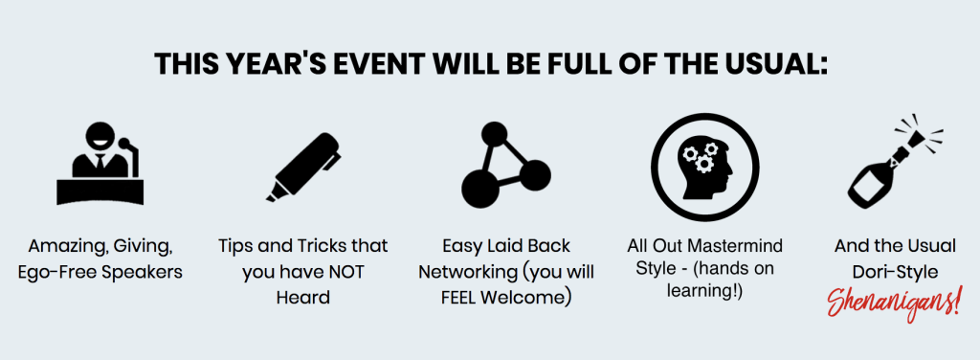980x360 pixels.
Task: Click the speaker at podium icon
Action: (x=100, y=164)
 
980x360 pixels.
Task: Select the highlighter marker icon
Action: (x=303, y=167)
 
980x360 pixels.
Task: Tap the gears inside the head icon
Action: (x=699, y=157)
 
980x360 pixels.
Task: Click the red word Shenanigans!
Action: (x=895, y=303)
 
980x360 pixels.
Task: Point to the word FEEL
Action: (x=460, y=297)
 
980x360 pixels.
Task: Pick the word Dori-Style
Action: (x=895, y=273)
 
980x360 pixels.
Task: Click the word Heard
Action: (x=303, y=297)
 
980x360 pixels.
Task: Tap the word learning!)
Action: (x=704, y=291)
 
